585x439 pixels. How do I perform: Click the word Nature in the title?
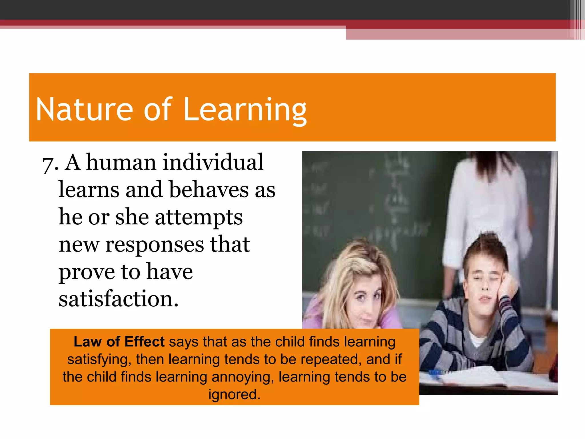point(85,110)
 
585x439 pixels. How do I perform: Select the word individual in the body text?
point(213,162)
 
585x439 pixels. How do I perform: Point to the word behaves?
point(209,189)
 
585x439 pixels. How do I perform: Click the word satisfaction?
point(118,299)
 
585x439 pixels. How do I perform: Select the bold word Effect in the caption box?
point(145,342)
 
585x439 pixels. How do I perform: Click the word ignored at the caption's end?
point(234,395)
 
